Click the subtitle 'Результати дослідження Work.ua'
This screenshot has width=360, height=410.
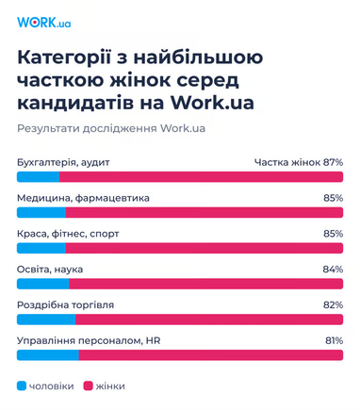pyautogui.click(x=111, y=127)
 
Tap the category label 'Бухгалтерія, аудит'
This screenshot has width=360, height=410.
pyautogui.click(x=64, y=162)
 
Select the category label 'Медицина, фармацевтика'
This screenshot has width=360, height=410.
pyautogui.click(x=83, y=198)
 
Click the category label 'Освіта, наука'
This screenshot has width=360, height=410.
pyautogui.click(x=51, y=269)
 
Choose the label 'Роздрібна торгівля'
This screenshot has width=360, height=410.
pyautogui.click(x=66, y=304)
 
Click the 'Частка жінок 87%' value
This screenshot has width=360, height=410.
pyautogui.click(x=298, y=162)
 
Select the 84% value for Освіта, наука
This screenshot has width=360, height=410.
pyautogui.click(x=333, y=269)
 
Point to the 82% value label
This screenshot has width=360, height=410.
pyautogui.click(x=333, y=304)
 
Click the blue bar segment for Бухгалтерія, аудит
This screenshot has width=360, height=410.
pyautogui.click(x=38, y=177)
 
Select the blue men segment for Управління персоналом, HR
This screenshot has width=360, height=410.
pyautogui.click(x=47, y=354)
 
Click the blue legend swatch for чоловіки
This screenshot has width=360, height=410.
pyautogui.click(x=22, y=386)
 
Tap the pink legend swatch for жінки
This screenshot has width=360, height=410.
pyautogui.click(x=89, y=386)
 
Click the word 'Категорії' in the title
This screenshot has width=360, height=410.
pyautogui.click(x=61, y=58)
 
